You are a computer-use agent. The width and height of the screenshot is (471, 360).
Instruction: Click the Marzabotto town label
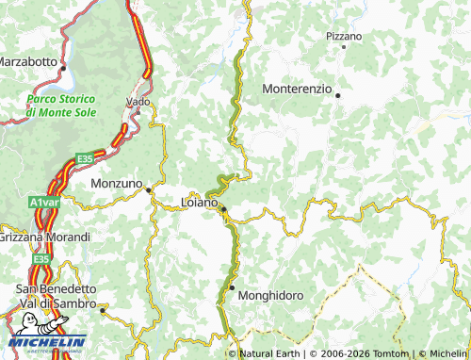(x=27, y=60)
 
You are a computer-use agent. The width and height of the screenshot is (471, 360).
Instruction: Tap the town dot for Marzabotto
(x=61, y=68)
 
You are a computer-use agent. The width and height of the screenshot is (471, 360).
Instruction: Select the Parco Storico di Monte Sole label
(x=60, y=106)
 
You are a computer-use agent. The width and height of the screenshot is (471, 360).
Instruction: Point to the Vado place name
(x=138, y=101)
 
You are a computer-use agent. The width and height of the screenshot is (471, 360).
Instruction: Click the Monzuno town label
(x=116, y=183)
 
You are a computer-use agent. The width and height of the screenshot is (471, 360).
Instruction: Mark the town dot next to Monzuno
(x=148, y=189)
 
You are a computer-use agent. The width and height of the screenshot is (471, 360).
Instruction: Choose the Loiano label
(x=199, y=202)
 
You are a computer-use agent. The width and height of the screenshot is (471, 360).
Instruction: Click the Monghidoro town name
(x=270, y=295)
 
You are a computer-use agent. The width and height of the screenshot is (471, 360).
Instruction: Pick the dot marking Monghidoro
(x=232, y=287)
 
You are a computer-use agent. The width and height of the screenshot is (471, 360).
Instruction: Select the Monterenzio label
(x=297, y=89)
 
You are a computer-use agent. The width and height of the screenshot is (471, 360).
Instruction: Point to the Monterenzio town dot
(x=337, y=94)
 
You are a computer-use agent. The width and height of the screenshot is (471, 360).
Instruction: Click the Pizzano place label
(x=344, y=36)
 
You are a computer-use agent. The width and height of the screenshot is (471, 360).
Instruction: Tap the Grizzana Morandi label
(x=44, y=237)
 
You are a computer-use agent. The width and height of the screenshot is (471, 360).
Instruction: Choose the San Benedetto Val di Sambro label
(x=56, y=296)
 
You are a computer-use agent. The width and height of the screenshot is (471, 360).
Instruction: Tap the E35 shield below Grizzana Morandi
(x=40, y=258)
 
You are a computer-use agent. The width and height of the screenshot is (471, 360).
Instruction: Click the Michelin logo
(x=47, y=341)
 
